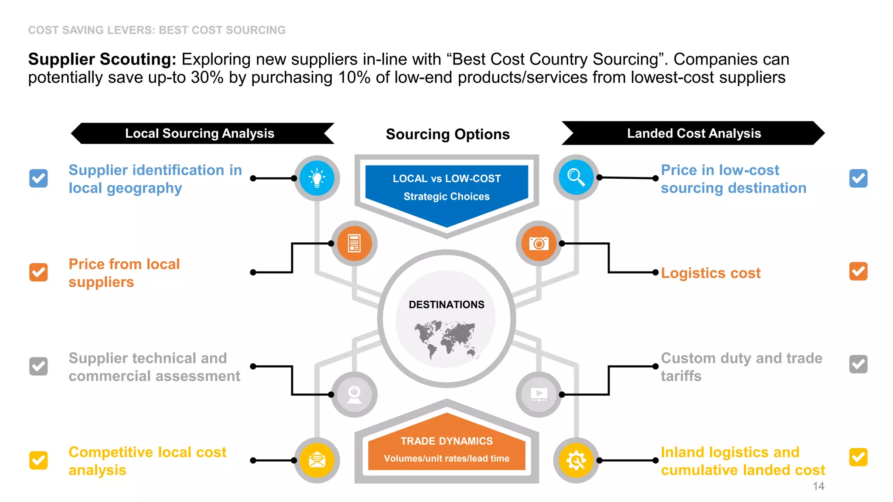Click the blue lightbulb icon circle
[317, 178]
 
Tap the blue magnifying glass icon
[576, 177]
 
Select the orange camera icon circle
[539, 243]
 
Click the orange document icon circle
[354, 243]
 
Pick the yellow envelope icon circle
[317, 460]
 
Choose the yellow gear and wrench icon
[576, 460]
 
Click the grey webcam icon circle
[354, 394]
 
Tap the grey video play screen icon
[539, 394]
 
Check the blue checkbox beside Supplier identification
[38, 178]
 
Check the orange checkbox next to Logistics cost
[858, 271]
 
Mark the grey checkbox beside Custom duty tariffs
[858, 364]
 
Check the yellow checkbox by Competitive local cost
[38, 460]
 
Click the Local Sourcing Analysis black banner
[200, 133]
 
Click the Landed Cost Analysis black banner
[693, 133]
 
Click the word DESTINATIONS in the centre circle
[446, 305]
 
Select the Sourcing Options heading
[447, 134]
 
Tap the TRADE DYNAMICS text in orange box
[446, 441]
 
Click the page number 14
[818, 486]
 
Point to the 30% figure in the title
[207, 78]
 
